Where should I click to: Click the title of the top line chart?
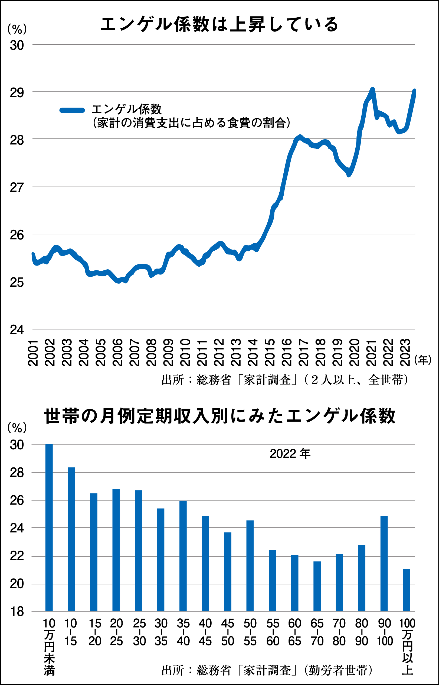pyautogui.click(x=219, y=24)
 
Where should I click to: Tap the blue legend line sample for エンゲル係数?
pyautogui.click(x=72, y=110)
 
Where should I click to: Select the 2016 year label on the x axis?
pyautogui.click(x=287, y=352)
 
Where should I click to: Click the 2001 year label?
pyautogui.click(x=33, y=352)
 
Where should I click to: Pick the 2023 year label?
pyautogui.click(x=405, y=352)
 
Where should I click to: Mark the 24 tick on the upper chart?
pyautogui.click(x=17, y=330)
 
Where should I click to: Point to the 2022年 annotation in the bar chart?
pyautogui.click(x=290, y=454)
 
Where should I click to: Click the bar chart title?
pyautogui.click(x=219, y=416)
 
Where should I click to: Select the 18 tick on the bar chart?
pyautogui.click(x=17, y=612)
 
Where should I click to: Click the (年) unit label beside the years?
pyautogui.click(x=423, y=360)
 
